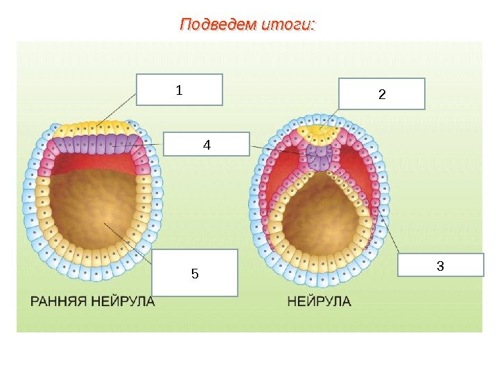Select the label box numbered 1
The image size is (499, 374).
coord(180,89)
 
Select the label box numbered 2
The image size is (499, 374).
coord(381,93)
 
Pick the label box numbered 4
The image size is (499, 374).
coord(205,145)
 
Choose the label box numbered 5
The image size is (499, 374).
coord(194,273)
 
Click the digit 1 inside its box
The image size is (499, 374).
coord(179,90)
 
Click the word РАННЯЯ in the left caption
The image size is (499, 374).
coord(60,302)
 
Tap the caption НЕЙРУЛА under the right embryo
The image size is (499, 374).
coord(319,302)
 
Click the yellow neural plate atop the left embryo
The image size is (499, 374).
coord(94,130)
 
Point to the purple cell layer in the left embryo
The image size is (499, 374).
coord(94,145)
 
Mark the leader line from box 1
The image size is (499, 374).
coord(118,113)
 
